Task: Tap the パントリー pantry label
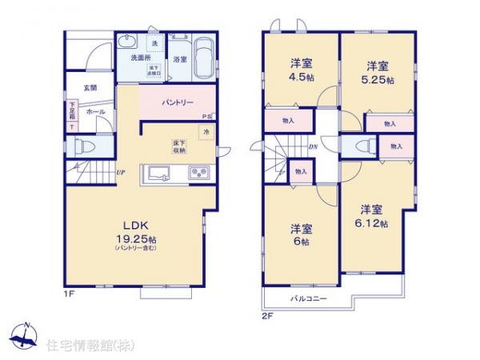pos(177,103)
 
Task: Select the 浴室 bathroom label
pos(179,59)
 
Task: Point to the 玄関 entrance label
pos(88,88)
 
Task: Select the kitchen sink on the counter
pos(156,173)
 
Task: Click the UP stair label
pos(119,172)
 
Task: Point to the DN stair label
pos(314,147)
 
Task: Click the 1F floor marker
pos(70,294)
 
